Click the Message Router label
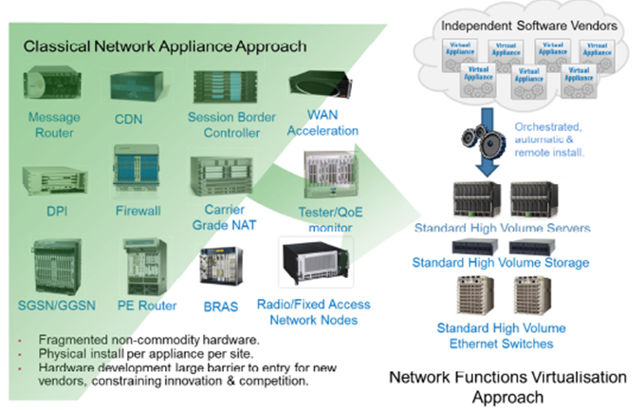(53, 125)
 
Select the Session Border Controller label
(226, 125)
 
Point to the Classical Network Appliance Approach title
(164, 46)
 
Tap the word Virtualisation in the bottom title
(563, 377)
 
